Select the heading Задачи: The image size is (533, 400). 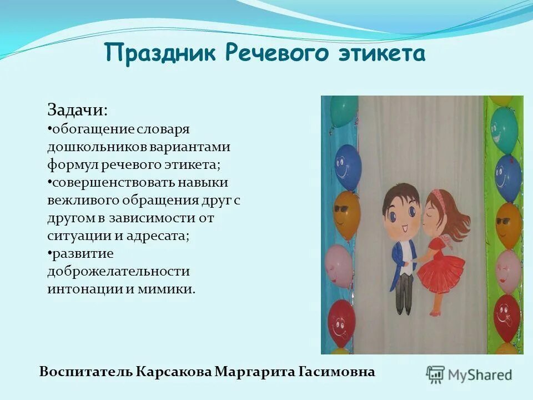77,109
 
